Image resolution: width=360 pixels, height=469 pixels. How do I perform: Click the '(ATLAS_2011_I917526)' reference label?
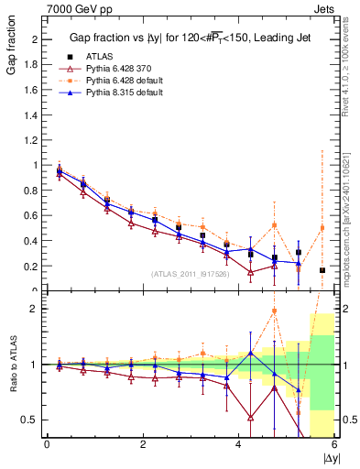tap(189, 273)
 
